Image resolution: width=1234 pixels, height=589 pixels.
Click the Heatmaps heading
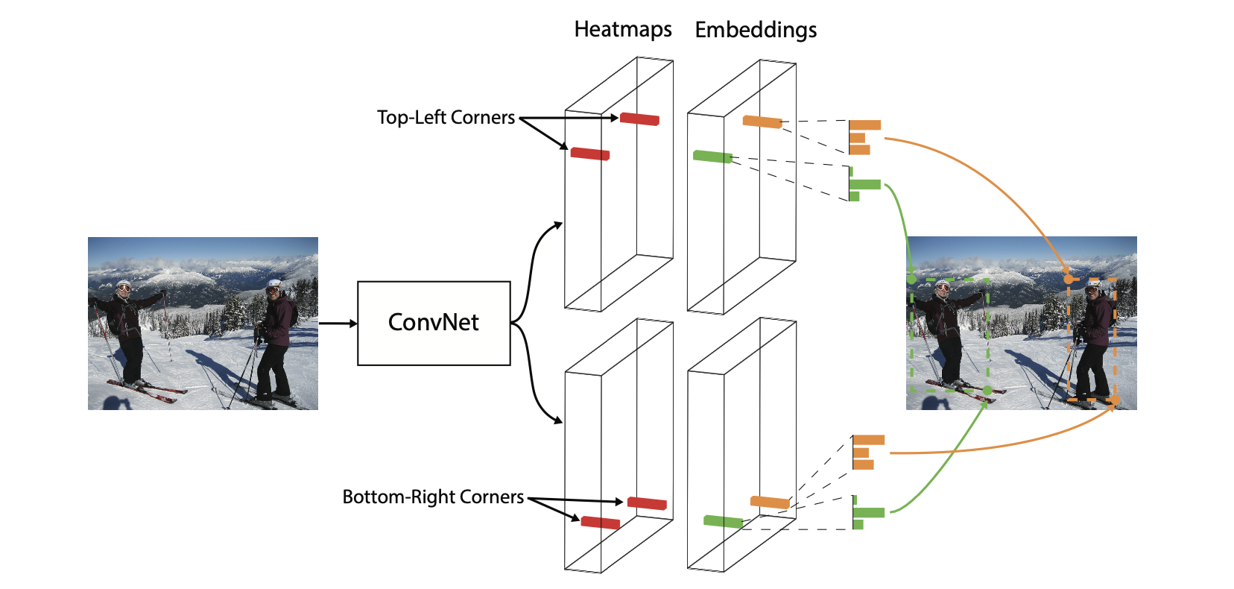[x=622, y=29]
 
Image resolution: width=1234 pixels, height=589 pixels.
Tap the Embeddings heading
[x=756, y=30]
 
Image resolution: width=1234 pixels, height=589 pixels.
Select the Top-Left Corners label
[x=446, y=117]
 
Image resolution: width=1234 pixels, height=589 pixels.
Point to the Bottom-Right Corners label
[x=433, y=497]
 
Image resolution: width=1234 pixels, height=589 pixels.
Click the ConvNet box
[x=434, y=324]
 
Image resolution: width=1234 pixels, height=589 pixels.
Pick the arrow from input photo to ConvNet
[x=338, y=324]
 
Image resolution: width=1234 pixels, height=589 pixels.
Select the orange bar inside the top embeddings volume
[x=762, y=122]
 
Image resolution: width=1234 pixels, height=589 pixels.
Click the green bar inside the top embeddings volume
[x=712, y=157]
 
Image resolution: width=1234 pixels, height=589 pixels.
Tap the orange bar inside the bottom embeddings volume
[x=771, y=502]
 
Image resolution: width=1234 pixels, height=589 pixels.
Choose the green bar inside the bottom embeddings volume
[x=724, y=521]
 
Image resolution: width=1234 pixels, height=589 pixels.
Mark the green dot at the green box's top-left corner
[x=911, y=280]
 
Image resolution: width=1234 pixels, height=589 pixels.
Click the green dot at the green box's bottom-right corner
[x=987, y=391]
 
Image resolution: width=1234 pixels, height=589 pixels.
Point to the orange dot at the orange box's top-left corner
[x=1069, y=280]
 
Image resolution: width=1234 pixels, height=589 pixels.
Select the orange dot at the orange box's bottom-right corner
[x=1115, y=400]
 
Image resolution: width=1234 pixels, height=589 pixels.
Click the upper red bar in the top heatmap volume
[x=639, y=119]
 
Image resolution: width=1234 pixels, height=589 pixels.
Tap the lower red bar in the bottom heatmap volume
[x=601, y=523]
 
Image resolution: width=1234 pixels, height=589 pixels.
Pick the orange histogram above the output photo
[x=864, y=137]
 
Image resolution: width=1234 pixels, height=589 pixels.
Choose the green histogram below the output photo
[x=868, y=512]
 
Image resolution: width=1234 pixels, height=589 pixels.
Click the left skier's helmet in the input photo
[x=124, y=286]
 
